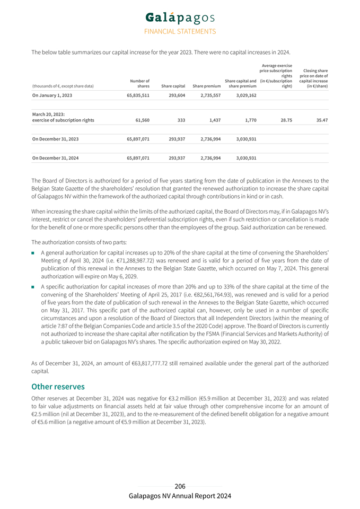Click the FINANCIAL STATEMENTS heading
click(x=180, y=32)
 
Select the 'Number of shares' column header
click(x=139, y=83)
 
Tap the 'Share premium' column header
click(x=207, y=86)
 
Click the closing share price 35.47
click(x=321, y=120)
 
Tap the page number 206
click(x=180, y=486)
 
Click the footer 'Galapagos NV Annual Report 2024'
click(x=180, y=496)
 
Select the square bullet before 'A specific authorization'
click(x=34, y=287)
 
